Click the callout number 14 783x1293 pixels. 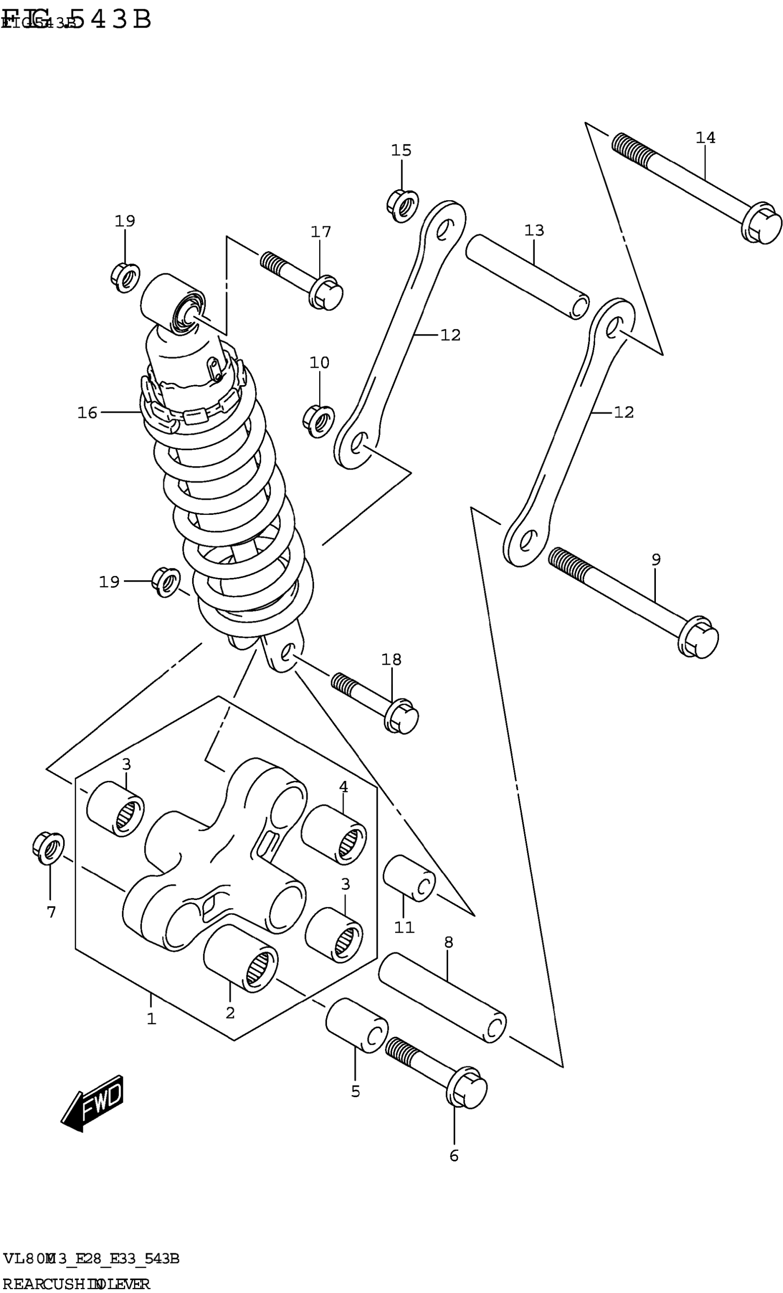(x=705, y=138)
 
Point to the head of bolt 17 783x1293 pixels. (x=326, y=293)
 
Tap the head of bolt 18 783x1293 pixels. (x=402, y=716)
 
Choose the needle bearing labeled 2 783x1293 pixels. (x=240, y=958)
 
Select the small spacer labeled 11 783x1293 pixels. (x=409, y=878)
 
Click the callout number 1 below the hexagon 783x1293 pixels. (x=151, y=1019)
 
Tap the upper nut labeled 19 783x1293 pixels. (x=126, y=277)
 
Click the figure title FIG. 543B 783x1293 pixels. (x=76, y=20)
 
